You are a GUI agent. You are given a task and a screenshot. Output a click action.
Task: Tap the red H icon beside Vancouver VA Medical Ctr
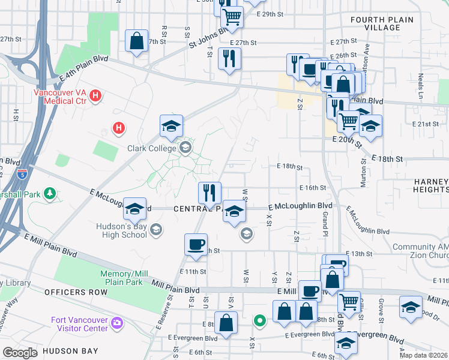pos(96,95)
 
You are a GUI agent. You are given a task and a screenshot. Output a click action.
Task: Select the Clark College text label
pos(152,148)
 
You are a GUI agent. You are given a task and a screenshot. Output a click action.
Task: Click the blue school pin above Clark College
pos(171,126)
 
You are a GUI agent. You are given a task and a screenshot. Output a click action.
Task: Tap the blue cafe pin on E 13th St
pos(196,244)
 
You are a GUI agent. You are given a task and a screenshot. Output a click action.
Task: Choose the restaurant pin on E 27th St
pos(229,58)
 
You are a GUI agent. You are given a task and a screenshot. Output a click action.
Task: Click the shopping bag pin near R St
pos(137,41)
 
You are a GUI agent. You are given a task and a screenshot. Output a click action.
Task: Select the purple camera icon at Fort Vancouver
pos(116,325)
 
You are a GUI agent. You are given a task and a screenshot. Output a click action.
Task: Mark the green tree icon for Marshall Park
pos(51,193)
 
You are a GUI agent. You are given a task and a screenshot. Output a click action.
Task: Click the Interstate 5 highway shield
pos(22,175)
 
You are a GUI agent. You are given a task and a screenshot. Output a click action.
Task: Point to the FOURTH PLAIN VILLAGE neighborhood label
pos(382,24)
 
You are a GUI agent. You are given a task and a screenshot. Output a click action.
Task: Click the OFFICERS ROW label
pos(76,292)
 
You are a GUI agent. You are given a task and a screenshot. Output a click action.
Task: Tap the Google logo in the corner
pos(20,352)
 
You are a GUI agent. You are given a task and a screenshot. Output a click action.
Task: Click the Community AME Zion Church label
pos(420,251)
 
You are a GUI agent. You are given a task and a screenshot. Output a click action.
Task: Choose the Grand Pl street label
pos(325,223)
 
